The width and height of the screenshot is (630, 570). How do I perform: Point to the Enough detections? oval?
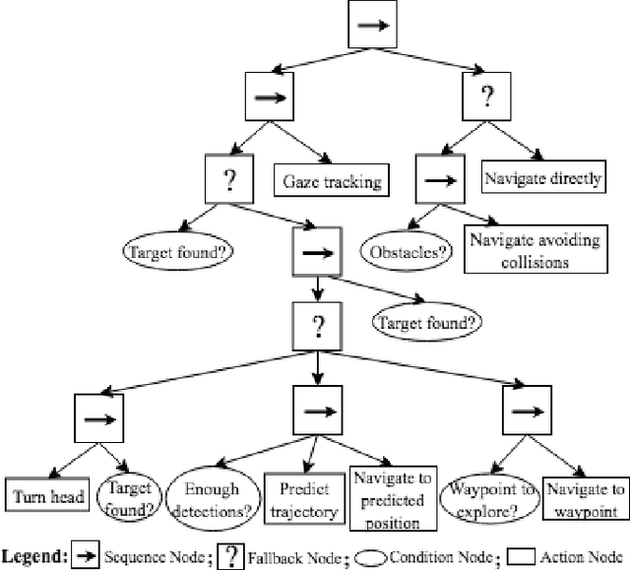click(x=211, y=496)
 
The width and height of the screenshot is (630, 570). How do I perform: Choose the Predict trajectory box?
click(x=304, y=498)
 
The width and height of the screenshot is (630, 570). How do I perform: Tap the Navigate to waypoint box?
click(x=585, y=497)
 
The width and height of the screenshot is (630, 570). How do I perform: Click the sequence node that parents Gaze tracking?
click(x=270, y=97)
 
